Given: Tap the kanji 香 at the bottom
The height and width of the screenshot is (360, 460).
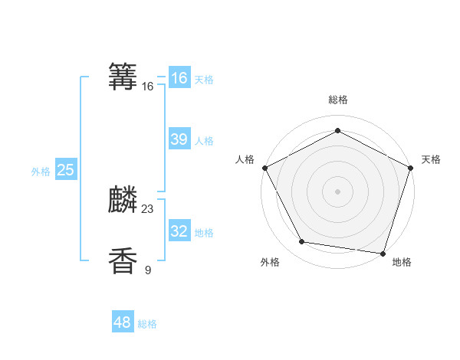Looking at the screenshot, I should [x=123, y=261].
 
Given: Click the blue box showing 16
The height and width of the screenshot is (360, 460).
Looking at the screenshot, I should [x=179, y=78].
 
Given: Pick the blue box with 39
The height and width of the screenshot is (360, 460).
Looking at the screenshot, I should [x=179, y=139].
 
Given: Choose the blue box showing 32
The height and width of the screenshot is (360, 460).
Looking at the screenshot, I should [x=179, y=231].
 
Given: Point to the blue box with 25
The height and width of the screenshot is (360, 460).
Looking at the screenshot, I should [x=65, y=170].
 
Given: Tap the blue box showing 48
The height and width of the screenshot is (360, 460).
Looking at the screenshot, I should [x=123, y=322].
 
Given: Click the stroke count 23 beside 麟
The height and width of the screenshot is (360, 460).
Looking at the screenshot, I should [x=148, y=209].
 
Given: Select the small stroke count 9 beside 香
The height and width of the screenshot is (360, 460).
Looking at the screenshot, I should [x=148, y=270].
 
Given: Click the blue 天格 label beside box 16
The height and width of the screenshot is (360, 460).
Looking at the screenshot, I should [x=204, y=80].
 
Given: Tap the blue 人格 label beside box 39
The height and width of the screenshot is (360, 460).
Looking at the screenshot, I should [x=204, y=141].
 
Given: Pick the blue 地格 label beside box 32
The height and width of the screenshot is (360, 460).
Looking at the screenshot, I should [x=204, y=233].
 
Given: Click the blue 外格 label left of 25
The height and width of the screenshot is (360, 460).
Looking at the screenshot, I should [x=41, y=172].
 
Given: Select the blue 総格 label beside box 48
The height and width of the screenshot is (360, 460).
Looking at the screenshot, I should [x=147, y=325].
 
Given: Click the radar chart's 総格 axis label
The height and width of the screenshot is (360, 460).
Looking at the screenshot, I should [x=338, y=100].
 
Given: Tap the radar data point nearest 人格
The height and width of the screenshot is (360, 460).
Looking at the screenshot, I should [x=264, y=167].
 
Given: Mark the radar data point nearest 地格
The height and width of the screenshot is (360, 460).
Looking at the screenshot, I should [x=383, y=253].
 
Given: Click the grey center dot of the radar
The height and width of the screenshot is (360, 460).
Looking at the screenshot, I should [x=338, y=191].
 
